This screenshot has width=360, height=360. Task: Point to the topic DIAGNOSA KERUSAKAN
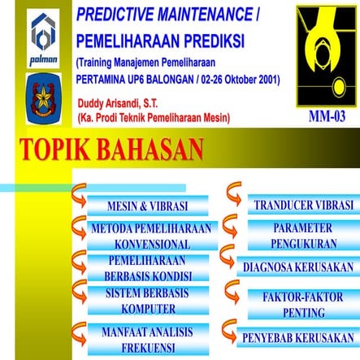click(x=298, y=267)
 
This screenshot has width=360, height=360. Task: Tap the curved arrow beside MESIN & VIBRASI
click(x=80, y=195)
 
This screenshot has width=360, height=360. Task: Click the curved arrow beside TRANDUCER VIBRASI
click(x=232, y=192)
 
